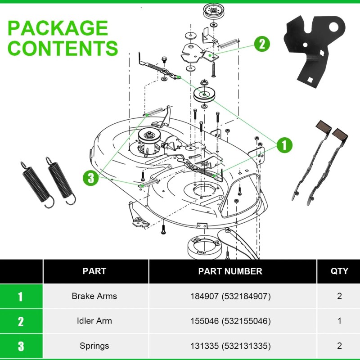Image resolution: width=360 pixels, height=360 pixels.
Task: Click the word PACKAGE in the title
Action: pyautogui.click(x=58, y=28)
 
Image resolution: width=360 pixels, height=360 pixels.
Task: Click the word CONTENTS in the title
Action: pyautogui.click(x=63, y=48)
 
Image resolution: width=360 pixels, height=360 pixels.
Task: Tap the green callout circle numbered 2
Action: pyautogui.click(x=262, y=44)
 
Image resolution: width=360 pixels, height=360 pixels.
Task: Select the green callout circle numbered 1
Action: pyautogui.click(x=284, y=145)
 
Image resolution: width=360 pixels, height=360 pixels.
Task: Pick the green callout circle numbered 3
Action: pyautogui.click(x=91, y=178)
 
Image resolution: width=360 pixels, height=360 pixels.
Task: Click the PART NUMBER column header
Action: pyautogui.click(x=230, y=271)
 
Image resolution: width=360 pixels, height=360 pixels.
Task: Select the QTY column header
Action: pyautogui.click(x=339, y=271)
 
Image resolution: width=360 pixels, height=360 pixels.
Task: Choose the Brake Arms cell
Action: pyautogui.click(x=94, y=296)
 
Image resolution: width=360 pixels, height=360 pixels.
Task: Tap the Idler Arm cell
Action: pyautogui.click(x=94, y=321)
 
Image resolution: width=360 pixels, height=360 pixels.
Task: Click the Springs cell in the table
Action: pyautogui.click(x=94, y=346)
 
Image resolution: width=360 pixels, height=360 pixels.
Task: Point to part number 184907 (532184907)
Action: pyautogui.click(x=230, y=296)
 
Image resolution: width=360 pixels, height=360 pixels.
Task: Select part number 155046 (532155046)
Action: pyautogui.click(x=230, y=321)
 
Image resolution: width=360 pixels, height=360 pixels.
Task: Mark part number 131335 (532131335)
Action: pyautogui.click(x=230, y=346)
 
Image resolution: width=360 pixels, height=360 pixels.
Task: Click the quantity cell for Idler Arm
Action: pyautogui.click(x=339, y=321)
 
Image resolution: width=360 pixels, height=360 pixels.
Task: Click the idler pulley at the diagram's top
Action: pyautogui.click(x=210, y=11)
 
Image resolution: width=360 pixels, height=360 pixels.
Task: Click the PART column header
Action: pyautogui.click(x=94, y=271)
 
